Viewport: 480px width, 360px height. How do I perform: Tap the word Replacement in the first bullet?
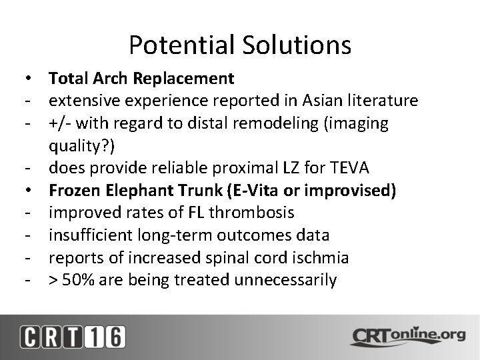(183, 79)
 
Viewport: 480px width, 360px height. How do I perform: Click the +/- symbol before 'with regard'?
(59, 123)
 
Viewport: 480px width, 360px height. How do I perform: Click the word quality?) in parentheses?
(79, 145)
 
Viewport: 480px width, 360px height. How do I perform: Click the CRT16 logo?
(71, 336)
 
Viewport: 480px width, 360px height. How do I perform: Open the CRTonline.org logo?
(407, 335)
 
